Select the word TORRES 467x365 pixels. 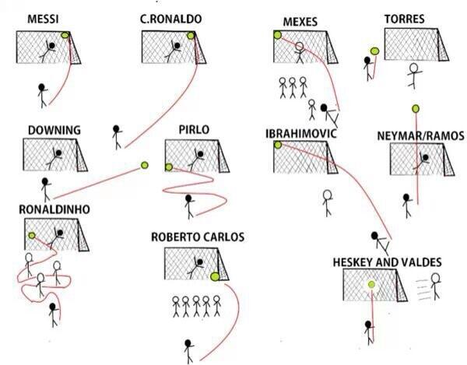coord(404,19)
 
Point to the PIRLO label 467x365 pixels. coord(193,129)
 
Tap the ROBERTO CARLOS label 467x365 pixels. coord(198,237)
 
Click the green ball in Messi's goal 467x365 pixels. coord(66,34)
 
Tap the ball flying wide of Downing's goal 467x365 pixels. coord(144,164)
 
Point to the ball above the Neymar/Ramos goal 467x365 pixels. coord(416,107)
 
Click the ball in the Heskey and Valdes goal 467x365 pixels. coord(371,285)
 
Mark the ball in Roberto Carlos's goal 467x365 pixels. coord(214,274)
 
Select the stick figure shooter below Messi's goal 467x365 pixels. coord(43,93)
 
